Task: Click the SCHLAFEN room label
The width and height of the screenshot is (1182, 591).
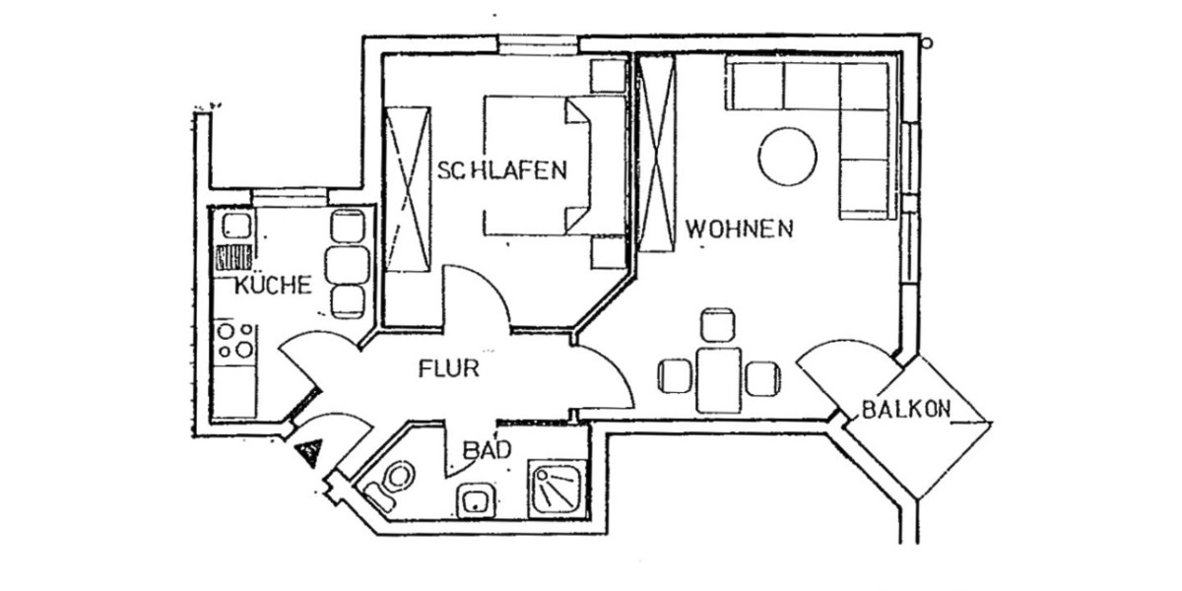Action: click(502, 170)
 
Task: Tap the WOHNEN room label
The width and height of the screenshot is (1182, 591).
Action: click(739, 230)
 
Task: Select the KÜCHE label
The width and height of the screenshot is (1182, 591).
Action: click(273, 287)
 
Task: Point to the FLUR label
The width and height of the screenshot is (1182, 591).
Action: click(448, 370)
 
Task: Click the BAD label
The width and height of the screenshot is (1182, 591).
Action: click(487, 451)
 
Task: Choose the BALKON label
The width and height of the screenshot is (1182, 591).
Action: click(905, 410)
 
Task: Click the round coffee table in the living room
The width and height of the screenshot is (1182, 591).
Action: click(788, 158)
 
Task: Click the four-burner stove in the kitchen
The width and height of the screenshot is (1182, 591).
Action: click(235, 341)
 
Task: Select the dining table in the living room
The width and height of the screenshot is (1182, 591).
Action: click(718, 378)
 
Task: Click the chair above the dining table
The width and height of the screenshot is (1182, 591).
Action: click(718, 325)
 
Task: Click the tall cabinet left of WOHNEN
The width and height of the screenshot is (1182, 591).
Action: click(656, 153)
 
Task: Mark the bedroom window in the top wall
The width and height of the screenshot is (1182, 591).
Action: click(537, 44)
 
